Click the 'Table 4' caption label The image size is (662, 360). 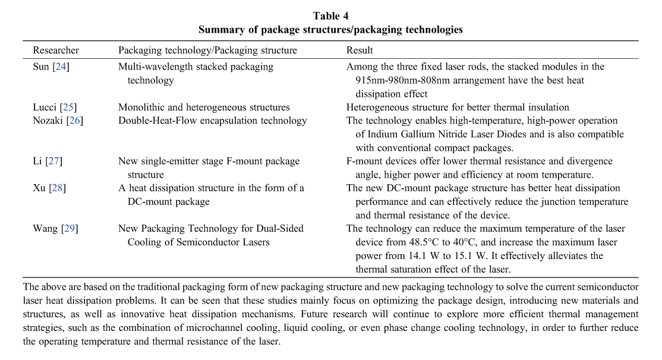(330, 16)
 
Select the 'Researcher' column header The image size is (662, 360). (56, 50)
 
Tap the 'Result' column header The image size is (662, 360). (360, 50)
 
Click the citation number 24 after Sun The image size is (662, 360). (60, 67)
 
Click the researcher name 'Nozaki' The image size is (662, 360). (47, 121)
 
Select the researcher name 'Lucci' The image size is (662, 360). (44, 108)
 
